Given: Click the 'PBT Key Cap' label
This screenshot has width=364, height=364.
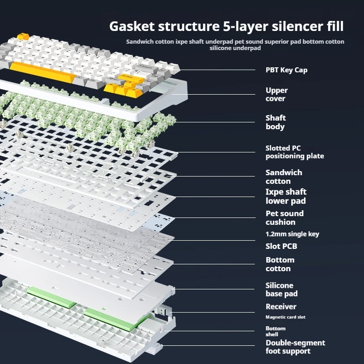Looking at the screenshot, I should point(286,70).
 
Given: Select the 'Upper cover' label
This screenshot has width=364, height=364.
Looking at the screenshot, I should point(277,94).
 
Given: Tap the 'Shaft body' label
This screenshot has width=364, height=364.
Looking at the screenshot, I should point(276,122).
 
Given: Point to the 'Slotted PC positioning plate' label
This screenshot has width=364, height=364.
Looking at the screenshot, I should point(294,152).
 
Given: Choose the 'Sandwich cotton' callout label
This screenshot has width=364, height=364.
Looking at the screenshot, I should point(283,177).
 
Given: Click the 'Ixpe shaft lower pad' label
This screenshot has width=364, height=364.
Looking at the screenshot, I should point(286,196).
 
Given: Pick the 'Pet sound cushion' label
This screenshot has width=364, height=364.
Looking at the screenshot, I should point(284,217).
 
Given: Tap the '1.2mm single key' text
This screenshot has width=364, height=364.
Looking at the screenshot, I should point(292,234).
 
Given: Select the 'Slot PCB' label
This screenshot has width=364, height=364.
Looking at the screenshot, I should point(281,247).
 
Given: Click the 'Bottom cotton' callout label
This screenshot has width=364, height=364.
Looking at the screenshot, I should point(280,264).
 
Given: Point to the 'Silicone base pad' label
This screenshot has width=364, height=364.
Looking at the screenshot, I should point(282,289).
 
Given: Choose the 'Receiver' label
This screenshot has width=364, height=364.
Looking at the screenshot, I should point(281,307).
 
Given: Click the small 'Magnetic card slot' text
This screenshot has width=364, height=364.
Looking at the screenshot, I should point(285,317).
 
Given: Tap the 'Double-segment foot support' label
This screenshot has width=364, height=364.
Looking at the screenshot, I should point(295,347).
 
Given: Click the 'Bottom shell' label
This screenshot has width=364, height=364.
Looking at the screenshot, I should point(275,331).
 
